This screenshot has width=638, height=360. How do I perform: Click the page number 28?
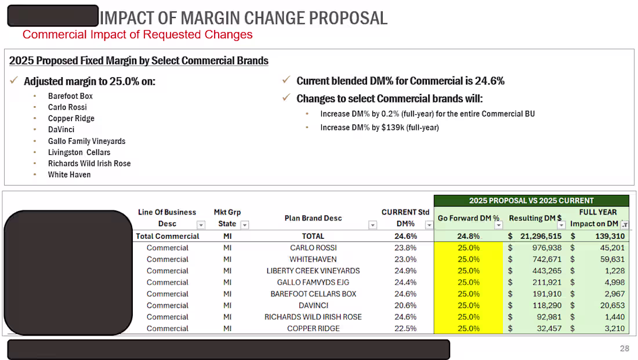[x=624, y=348]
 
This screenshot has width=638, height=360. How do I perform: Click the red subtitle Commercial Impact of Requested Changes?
[x=137, y=35]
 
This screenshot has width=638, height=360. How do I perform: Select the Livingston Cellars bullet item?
[x=79, y=152]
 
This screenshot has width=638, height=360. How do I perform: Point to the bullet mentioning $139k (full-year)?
[x=379, y=128]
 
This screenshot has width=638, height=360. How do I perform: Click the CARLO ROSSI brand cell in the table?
[x=313, y=248]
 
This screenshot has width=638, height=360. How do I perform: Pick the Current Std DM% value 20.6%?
[x=405, y=306]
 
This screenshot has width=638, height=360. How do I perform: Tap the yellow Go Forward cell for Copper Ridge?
[x=469, y=329]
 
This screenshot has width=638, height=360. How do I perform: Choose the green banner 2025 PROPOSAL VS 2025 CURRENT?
[x=531, y=201]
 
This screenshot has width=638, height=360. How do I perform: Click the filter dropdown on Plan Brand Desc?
[x=372, y=225]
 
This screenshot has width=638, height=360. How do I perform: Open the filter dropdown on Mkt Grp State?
[x=245, y=225]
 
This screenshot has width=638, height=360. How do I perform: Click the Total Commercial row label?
[x=168, y=237]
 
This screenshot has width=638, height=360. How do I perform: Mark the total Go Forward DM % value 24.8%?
[x=469, y=237]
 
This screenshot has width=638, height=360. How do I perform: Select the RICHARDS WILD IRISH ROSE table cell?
[x=313, y=317]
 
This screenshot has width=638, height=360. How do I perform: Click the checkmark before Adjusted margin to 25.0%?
[x=14, y=81]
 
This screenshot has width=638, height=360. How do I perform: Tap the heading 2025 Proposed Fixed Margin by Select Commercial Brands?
[x=139, y=61]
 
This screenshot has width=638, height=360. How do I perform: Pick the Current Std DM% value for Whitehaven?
[x=405, y=259]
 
